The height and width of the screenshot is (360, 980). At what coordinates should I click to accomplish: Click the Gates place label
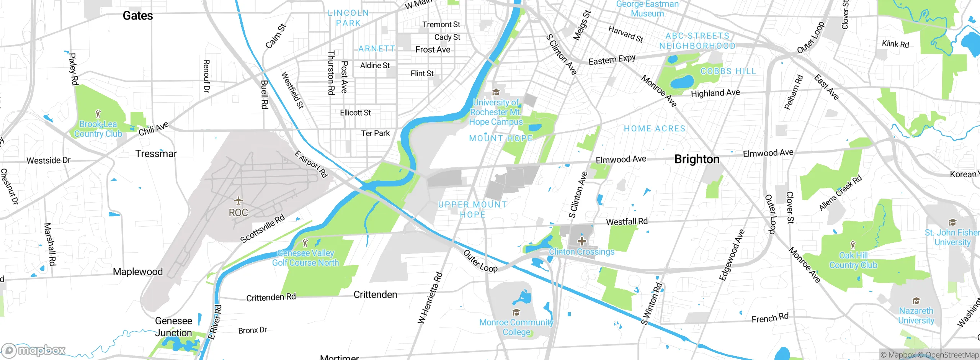(137, 16)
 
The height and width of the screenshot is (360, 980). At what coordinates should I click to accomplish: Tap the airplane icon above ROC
(238, 201)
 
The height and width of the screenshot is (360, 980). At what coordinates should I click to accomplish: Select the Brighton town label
(697, 159)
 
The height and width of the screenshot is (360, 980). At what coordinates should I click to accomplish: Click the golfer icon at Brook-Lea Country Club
(98, 114)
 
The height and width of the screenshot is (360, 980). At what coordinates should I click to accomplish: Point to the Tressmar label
(156, 154)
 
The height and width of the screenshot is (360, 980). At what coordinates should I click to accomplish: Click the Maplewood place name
(138, 272)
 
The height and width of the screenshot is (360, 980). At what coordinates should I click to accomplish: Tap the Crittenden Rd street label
(271, 297)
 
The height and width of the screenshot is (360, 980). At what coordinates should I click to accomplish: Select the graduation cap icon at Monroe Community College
(516, 313)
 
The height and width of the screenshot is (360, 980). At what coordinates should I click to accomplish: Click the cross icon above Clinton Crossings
(581, 241)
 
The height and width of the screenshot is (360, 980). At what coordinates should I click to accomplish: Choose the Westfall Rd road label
(627, 222)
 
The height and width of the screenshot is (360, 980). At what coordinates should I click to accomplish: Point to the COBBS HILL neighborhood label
(728, 71)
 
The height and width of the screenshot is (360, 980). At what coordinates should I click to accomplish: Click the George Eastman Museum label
(647, 9)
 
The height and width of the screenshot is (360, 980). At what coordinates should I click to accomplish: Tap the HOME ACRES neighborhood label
(655, 129)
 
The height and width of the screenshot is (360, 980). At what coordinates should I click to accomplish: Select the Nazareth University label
(916, 316)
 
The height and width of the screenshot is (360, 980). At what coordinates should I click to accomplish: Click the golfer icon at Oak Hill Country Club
(853, 245)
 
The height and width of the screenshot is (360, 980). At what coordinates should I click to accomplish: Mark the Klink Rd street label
(895, 44)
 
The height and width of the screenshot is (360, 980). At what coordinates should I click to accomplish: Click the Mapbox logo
(34, 350)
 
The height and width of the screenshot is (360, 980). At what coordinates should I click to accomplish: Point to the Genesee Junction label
(173, 327)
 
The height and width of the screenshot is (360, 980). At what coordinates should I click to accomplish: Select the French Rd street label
(770, 318)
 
